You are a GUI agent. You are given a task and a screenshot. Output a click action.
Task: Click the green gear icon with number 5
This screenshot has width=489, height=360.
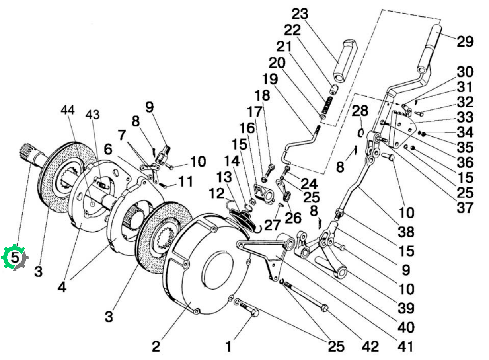coord(14,257)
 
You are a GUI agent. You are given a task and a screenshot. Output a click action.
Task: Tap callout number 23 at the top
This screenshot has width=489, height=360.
coord(300,14)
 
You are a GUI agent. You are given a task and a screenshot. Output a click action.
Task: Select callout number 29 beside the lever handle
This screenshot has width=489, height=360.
coord(465,41)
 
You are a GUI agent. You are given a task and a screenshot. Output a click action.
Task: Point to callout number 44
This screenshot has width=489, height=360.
coord(68,110)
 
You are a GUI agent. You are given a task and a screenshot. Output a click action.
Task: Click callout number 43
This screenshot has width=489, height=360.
coord(92,115)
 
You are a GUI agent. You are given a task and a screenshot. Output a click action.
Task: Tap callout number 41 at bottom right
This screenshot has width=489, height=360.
coord(405,346)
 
